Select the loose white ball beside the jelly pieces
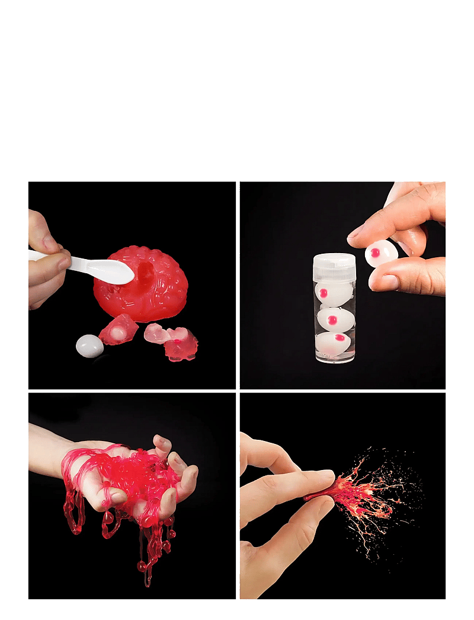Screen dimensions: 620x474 [x=89, y=345]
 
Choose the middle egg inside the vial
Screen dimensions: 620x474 [x=336, y=320]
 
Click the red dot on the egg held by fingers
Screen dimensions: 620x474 [x=374, y=254]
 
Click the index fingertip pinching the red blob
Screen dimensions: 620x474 [x=324, y=478]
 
